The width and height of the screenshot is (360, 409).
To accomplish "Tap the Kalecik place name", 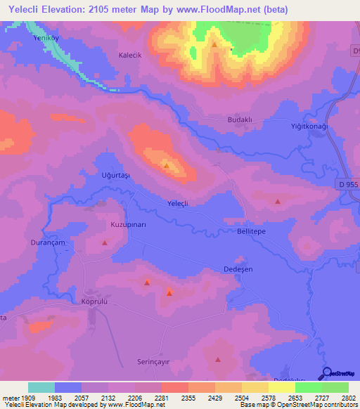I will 131,55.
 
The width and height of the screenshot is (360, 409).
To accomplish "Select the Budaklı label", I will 239,120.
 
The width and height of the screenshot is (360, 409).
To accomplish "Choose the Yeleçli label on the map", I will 178,203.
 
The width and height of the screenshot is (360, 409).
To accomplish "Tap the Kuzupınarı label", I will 108,224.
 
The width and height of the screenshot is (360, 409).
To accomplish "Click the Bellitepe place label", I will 251,231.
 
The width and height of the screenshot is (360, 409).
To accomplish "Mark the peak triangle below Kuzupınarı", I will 105,243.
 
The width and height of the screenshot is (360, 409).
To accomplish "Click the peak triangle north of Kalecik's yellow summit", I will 214,44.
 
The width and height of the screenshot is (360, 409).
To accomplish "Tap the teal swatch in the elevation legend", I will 41,387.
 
